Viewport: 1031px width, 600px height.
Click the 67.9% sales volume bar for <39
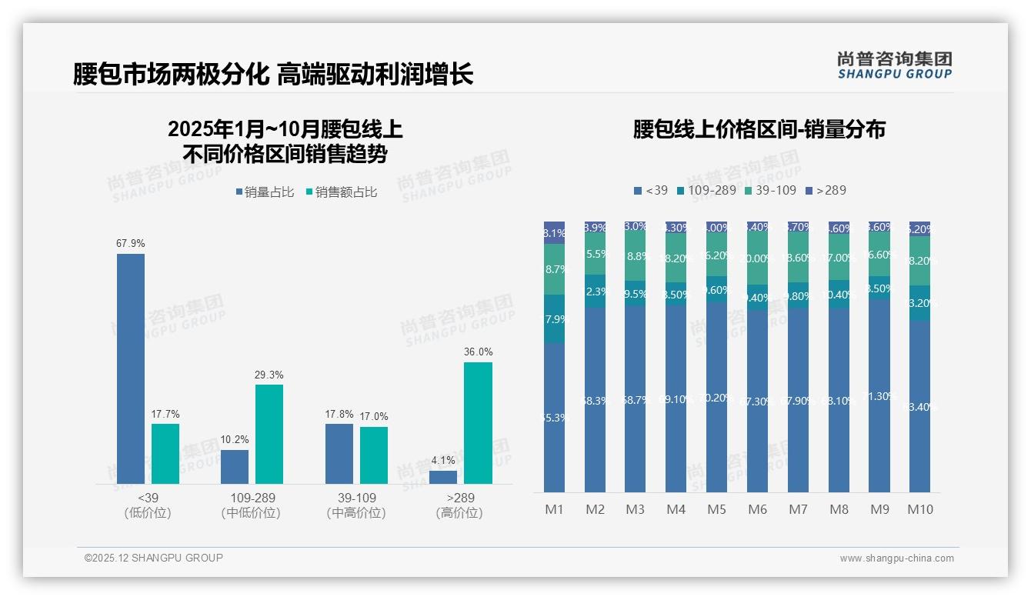(131, 368)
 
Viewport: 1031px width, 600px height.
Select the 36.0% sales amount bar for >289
(478, 422)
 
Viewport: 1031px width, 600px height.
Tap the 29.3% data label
(269, 375)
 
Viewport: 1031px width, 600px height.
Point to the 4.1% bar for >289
(443, 477)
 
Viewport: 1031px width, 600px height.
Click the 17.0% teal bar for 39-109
(374, 455)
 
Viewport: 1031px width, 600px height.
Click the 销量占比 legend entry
(265, 192)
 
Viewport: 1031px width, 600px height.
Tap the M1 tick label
(555, 509)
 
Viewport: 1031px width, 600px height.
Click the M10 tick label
(920, 509)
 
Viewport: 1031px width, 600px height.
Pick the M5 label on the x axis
(716, 509)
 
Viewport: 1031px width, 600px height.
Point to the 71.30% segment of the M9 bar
(879, 395)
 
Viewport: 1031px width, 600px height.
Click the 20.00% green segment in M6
(757, 258)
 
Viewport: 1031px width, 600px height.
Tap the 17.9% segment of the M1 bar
(555, 318)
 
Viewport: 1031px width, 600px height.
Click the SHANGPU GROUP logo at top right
(894, 65)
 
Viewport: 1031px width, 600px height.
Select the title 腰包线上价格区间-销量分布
(759, 129)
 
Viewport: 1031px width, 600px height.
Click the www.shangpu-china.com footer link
(896, 558)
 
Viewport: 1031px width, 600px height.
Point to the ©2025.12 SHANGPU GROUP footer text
(154, 558)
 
